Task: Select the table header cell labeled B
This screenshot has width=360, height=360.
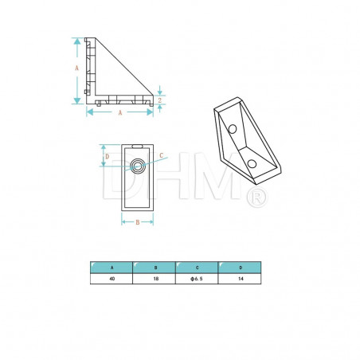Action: [155, 268]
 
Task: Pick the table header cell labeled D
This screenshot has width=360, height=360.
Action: [240, 268]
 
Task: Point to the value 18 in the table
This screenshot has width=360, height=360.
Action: [155, 280]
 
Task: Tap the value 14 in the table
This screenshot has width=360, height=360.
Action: [240, 280]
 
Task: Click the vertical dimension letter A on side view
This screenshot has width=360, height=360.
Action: [77, 69]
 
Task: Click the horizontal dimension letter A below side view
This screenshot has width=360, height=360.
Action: [119, 113]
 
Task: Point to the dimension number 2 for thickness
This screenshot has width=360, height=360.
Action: [159, 100]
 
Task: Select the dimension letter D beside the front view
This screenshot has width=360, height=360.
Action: [107, 157]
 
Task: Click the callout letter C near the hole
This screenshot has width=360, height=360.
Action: [161, 155]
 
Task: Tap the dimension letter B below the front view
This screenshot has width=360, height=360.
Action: [137, 222]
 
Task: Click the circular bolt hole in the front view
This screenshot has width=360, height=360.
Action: [138, 166]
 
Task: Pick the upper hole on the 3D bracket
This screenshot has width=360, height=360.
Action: [232, 128]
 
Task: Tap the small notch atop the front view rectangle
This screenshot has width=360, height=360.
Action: [138, 146]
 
